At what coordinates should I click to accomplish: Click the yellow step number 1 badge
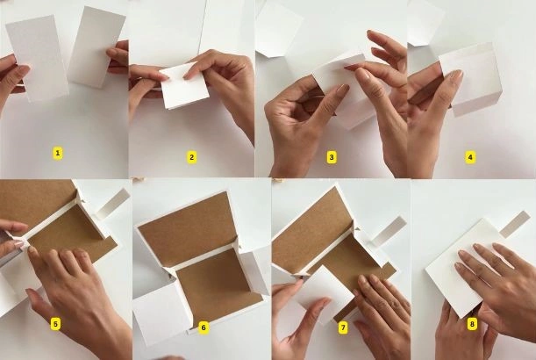pyautogui.click(x=57, y=153)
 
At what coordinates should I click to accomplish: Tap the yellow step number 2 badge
pyautogui.click(x=191, y=157)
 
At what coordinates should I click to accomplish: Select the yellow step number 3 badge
pyautogui.click(x=332, y=157)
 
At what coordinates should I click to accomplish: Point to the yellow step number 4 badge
pyautogui.click(x=470, y=157)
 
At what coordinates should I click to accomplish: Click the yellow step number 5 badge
pyautogui.click(x=55, y=324)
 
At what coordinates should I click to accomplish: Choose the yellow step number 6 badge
pyautogui.click(x=204, y=328)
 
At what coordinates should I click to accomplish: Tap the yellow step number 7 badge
pyautogui.click(x=342, y=328)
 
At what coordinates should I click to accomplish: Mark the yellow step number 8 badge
pyautogui.click(x=472, y=324)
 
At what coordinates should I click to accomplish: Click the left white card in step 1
pyautogui.click(x=38, y=58)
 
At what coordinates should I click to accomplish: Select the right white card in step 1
pyautogui.click(x=96, y=47)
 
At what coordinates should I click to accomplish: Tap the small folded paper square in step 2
pyautogui.click(x=184, y=87)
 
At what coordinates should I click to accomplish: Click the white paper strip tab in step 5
pyautogui.click(x=113, y=204)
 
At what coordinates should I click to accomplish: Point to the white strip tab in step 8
pyautogui.click(x=514, y=224)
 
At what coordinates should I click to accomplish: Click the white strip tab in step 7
pyautogui.click(x=389, y=231)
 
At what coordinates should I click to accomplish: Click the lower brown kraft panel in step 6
pyautogui.click(x=218, y=284)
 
